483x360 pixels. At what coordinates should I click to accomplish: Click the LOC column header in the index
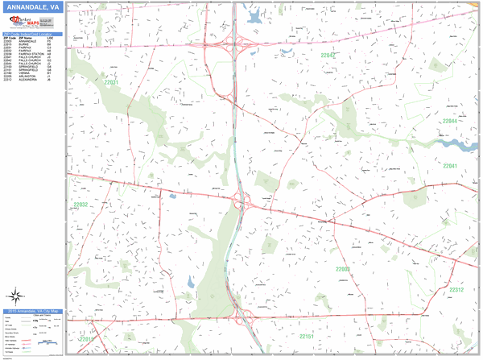pyautogui.click(x=51, y=38)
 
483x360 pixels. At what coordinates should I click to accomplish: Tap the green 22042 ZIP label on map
pyautogui.click(x=328, y=56)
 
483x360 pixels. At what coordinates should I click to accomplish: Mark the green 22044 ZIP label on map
pyautogui.click(x=449, y=121)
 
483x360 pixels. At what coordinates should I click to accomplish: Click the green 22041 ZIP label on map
pyautogui.click(x=449, y=166)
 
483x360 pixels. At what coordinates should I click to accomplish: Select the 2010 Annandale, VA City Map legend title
pyautogui.click(x=32, y=310)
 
